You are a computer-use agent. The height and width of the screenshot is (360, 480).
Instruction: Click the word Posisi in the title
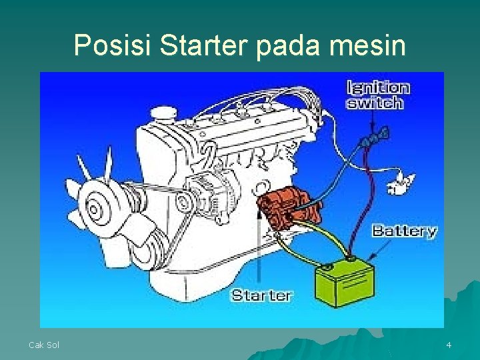click(113, 45)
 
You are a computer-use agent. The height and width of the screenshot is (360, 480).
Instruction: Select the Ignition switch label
click(377, 95)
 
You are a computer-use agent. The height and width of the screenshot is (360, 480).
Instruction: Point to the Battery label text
click(404, 231)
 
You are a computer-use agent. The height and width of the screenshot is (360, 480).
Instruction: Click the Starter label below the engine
click(261, 295)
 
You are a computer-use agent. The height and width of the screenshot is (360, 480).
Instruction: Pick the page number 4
click(449, 345)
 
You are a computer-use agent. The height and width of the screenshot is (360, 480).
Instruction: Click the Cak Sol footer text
click(44, 345)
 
